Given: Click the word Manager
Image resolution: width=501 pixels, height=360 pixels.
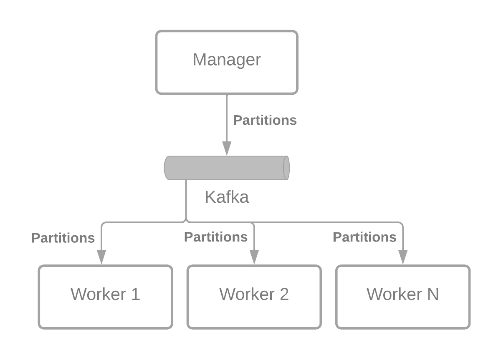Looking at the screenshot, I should tap(227, 60).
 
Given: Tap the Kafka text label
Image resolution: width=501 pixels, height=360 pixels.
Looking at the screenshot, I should tap(227, 197).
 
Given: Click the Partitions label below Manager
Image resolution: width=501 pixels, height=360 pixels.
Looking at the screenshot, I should tap(265, 120).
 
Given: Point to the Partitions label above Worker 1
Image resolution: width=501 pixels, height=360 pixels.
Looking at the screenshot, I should tap(63, 238).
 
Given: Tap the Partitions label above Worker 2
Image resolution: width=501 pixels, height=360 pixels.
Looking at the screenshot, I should tap(215, 237).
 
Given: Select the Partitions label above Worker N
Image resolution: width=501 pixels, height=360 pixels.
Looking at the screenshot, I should tap(364, 237).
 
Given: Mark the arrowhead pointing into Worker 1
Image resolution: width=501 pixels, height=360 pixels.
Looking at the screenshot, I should tap(101, 257).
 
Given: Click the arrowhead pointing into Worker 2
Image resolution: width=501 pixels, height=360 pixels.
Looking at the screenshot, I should tap(254, 257).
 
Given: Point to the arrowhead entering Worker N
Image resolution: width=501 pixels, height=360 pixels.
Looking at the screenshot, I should tap(402, 257).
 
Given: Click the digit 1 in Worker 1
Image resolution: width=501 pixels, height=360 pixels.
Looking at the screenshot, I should tap(135, 294).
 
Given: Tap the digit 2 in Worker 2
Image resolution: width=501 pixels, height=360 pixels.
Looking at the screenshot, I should tap(284, 294).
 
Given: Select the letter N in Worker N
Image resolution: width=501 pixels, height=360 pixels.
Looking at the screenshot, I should tap(433, 294).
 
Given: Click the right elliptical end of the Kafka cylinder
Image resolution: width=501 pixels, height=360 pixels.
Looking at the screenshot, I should tap(286, 168).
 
